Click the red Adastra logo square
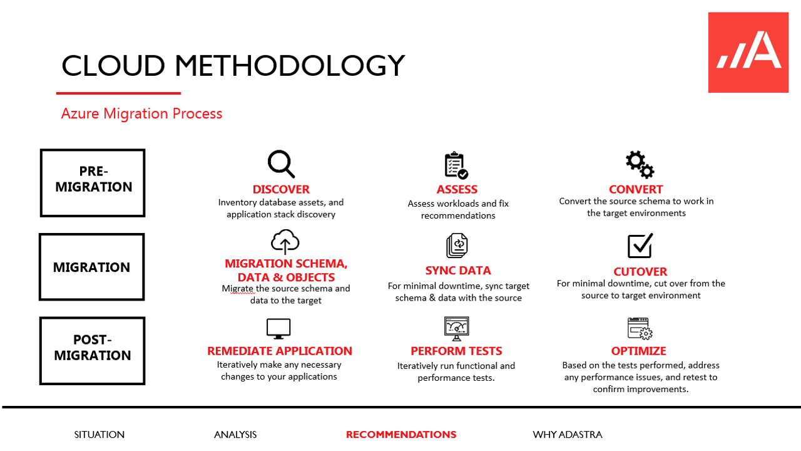coord(748,53)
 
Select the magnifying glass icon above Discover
coord(281,164)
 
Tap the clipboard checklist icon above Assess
coord(456,165)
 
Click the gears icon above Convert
coord(640,164)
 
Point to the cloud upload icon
coord(285,242)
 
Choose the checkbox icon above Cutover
coord(640,246)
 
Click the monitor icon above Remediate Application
coord(278,328)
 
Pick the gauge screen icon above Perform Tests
coord(456,328)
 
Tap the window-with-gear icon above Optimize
coord(640,328)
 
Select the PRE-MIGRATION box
coord(93,183)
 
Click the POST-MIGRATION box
coord(93,350)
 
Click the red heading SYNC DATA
coord(458,271)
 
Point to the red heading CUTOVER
coord(640,271)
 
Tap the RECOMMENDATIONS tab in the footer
coord(401,435)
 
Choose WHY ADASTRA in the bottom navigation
coord(567,435)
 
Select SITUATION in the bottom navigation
coord(99,435)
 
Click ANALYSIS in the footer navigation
coord(235,435)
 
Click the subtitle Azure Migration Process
coord(141,113)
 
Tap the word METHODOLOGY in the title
coord(290,66)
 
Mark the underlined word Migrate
coord(238,289)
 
